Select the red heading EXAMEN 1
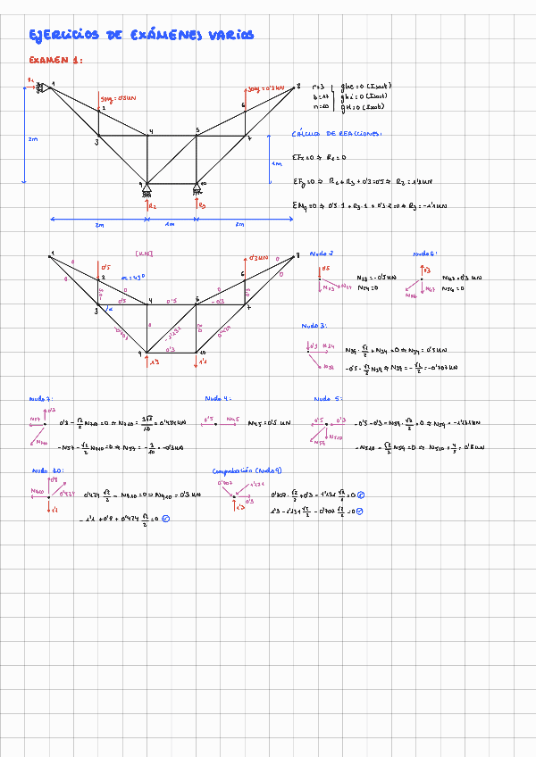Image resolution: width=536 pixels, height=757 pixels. point(55,61)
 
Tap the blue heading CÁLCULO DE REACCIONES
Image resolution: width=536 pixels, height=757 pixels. point(336,134)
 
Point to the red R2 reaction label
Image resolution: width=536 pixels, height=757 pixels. point(153,205)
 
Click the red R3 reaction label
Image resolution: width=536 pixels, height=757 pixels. point(202,205)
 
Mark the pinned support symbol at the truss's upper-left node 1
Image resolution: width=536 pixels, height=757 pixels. point(41,87)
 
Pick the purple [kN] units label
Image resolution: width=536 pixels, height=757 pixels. point(143,253)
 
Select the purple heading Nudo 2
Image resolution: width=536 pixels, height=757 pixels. point(322,254)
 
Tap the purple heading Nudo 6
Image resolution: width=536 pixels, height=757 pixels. point(423,254)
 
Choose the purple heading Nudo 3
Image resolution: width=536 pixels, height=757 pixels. point(314,327)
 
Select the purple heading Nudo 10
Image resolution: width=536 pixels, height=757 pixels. point(46,470)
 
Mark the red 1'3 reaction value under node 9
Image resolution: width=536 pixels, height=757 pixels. point(154,362)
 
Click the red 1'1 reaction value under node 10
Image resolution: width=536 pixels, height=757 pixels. point(203,362)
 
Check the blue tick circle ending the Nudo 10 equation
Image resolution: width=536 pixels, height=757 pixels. point(166,518)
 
